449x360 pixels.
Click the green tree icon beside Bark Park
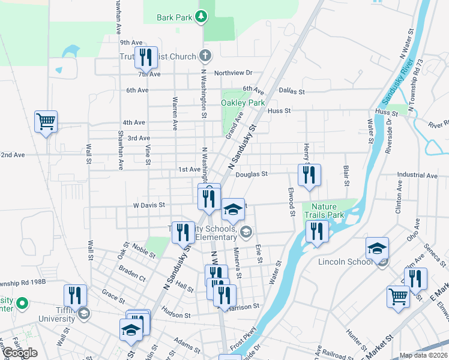202,17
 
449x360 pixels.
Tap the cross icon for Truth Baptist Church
205,56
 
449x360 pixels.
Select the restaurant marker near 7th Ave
146,58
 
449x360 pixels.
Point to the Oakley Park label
243,103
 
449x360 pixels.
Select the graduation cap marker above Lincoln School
377,248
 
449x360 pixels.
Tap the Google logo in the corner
20,353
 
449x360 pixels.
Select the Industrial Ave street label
417,175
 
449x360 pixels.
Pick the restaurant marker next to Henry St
309,175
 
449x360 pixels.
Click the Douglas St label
250,174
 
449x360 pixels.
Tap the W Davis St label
149,205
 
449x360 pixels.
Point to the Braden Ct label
132,274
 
